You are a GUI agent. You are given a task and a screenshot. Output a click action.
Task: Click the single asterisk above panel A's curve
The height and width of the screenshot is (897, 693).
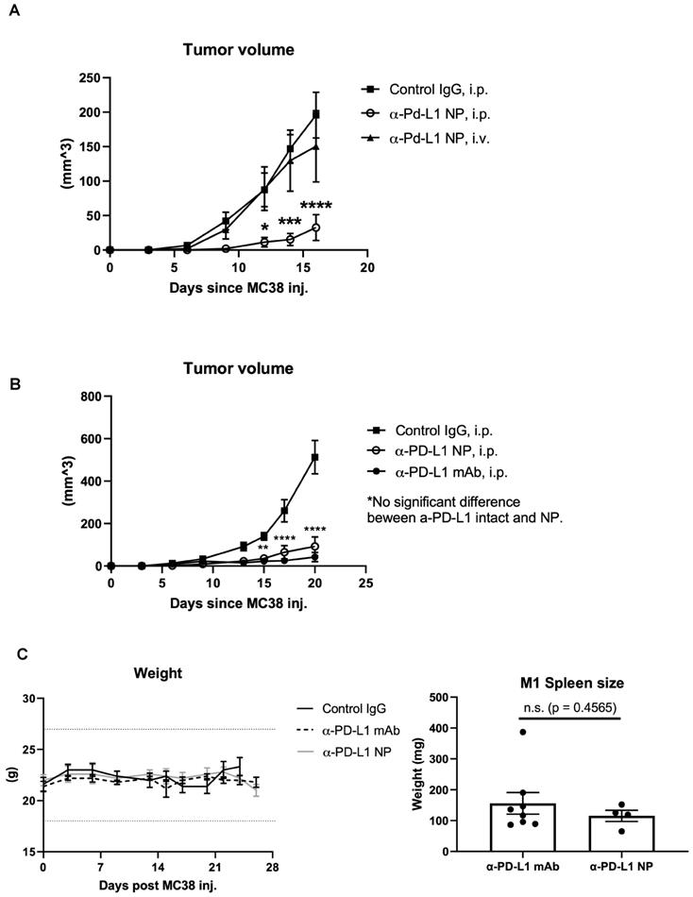[x=265, y=228]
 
